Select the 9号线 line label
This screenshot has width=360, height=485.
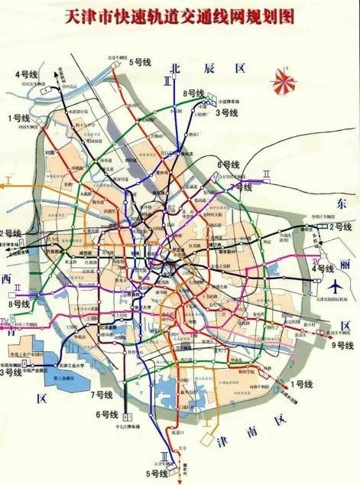click(342, 346)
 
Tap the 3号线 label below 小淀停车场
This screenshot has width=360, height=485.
click(227, 112)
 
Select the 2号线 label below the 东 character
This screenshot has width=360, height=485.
click(340, 227)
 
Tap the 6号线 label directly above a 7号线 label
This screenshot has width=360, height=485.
click(229, 164)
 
